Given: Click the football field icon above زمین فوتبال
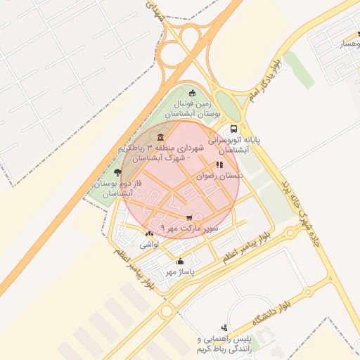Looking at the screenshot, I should (193, 94).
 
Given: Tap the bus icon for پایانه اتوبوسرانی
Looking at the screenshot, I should (233, 129).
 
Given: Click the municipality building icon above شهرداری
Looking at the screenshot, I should (162, 137).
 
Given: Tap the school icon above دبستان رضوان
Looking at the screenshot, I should (219, 165).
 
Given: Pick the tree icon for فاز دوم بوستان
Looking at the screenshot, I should (117, 172).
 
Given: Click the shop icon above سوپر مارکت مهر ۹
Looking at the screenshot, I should (189, 219).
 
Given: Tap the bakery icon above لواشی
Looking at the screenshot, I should (149, 234).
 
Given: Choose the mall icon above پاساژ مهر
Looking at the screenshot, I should (180, 261).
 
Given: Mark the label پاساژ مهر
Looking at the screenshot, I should (180, 271).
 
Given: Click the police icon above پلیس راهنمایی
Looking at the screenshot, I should (224, 327).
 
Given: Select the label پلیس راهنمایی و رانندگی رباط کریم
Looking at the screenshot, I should (225, 345).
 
